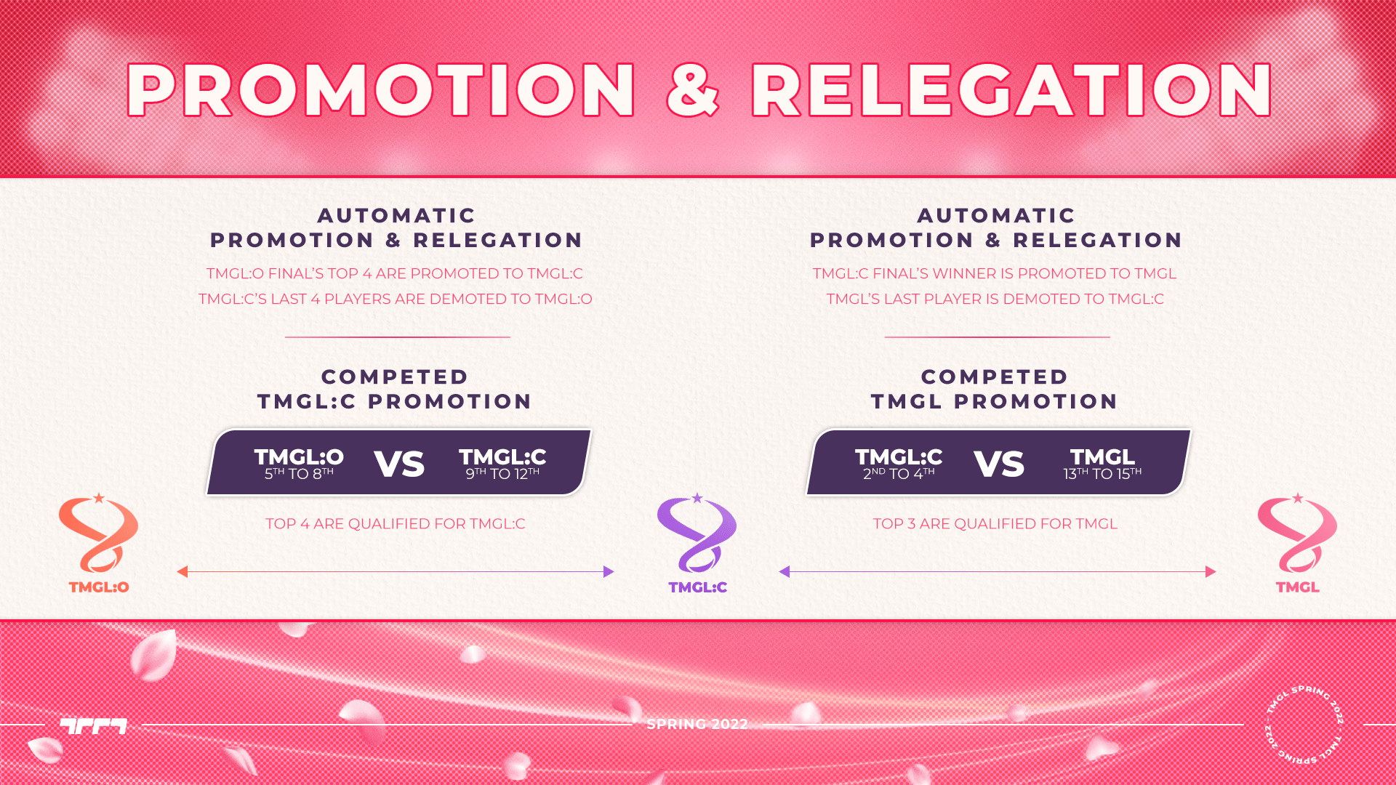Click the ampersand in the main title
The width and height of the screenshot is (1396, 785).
(x=693, y=90)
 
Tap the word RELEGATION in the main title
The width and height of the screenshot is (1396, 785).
(x=1011, y=90)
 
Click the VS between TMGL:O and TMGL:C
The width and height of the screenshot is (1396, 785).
(x=399, y=464)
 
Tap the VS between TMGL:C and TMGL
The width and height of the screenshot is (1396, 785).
(x=999, y=464)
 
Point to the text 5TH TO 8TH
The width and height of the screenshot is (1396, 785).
(x=299, y=474)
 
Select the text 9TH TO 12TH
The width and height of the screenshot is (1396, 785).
(x=502, y=474)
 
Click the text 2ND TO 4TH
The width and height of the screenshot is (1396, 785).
(x=899, y=474)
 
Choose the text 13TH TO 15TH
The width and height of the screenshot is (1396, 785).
(x=1102, y=474)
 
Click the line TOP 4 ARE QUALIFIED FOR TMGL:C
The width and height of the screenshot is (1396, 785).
(x=396, y=524)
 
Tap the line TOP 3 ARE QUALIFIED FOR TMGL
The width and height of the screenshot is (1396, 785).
(x=995, y=524)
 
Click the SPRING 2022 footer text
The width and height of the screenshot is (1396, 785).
(x=697, y=725)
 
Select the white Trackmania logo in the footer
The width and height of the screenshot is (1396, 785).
(x=94, y=725)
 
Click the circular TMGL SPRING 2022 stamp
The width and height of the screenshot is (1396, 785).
(x=1304, y=724)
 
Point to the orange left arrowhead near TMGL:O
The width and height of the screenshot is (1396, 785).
(x=182, y=572)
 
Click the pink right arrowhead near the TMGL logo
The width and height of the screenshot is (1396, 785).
(x=1211, y=572)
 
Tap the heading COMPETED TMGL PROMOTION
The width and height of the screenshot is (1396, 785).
(x=995, y=390)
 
